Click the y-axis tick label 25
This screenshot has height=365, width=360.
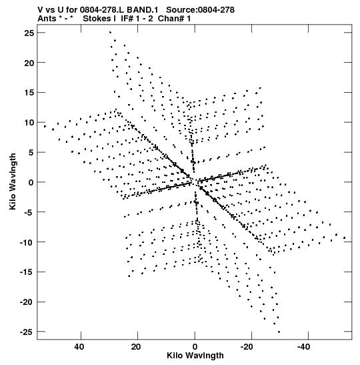pyautogui.click(x=29, y=33)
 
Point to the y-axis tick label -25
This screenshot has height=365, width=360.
pyautogui.click(x=27, y=332)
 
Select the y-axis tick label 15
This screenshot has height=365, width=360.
pyautogui.click(x=29, y=93)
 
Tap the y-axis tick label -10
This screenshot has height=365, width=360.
pyautogui.click(x=27, y=242)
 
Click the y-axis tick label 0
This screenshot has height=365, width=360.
pyautogui.click(x=31, y=183)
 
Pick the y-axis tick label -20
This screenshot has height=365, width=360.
pyautogui.click(x=27, y=302)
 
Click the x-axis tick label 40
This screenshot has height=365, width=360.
pyautogui.click(x=79, y=347)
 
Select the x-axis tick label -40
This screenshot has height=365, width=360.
pyautogui.click(x=303, y=347)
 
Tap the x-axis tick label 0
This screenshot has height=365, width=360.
pyautogui.click(x=195, y=347)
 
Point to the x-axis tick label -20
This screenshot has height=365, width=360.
pyautogui.click(x=247, y=347)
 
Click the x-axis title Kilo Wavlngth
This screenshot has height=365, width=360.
pyautogui.click(x=195, y=356)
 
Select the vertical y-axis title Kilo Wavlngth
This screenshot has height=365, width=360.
pyautogui.click(x=13, y=181)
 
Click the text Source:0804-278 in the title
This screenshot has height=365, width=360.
pyautogui.click(x=200, y=10)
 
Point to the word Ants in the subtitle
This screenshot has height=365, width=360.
pyautogui.click(x=47, y=19)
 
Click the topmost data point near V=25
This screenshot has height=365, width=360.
pyautogui.click(x=110, y=32)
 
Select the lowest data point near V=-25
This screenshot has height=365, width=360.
pyautogui.click(x=279, y=332)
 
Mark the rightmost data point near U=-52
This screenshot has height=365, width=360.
pyautogui.click(x=345, y=238)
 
